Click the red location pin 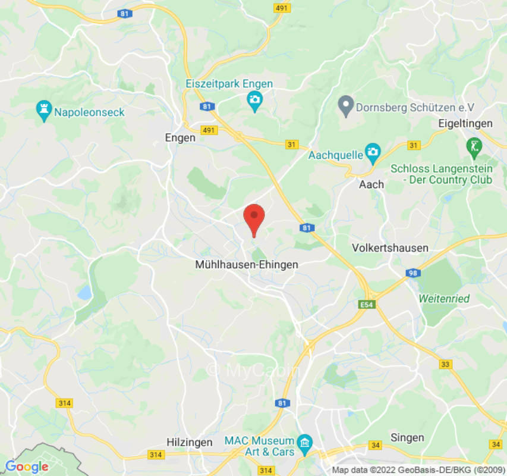[254, 217]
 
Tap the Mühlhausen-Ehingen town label [247, 265]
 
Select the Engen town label [180, 137]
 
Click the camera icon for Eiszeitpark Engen [254, 101]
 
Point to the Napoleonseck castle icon [43, 111]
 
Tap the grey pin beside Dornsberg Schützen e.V [345, 107]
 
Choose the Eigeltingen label [465, 124]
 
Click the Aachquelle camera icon [373, 154]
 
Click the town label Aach [371, 184]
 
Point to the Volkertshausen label [390, 248]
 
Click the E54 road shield [368, 305]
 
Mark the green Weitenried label [444, 298]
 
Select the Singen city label [407, 437]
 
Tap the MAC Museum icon [305, 441]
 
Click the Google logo [26, 467]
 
